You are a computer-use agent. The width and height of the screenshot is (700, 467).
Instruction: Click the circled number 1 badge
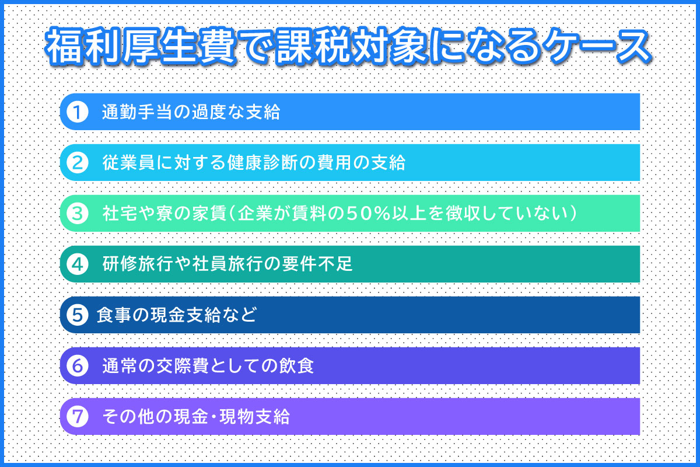pos(78,111)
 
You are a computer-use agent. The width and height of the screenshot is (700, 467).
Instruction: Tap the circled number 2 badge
pos(78,163)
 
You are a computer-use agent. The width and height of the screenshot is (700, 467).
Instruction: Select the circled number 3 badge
pos(78,213)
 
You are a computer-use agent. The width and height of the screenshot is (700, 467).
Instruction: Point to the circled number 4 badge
pos(78,264)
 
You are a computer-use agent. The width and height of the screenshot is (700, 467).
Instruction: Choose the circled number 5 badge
pos(78,315)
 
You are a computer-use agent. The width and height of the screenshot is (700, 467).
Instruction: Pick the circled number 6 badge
pos(78,365)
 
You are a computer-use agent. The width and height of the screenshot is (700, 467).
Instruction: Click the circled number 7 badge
pos(78,416)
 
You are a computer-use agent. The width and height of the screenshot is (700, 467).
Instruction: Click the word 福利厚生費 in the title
pos(141,47)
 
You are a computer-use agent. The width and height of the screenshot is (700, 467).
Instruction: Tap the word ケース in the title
pos(596,47)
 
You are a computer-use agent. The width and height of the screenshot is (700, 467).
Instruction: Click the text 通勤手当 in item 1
pos(138,112)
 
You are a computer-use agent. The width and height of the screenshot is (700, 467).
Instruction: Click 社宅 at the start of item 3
pos(120,214)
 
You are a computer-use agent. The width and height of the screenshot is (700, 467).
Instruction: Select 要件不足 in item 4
pos(317,264)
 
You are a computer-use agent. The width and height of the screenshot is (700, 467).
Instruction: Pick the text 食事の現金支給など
pos(177,315)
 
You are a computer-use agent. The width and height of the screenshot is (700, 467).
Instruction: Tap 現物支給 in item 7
pos(255,417)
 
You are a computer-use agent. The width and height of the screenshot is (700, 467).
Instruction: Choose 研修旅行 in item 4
pos(138,264)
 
